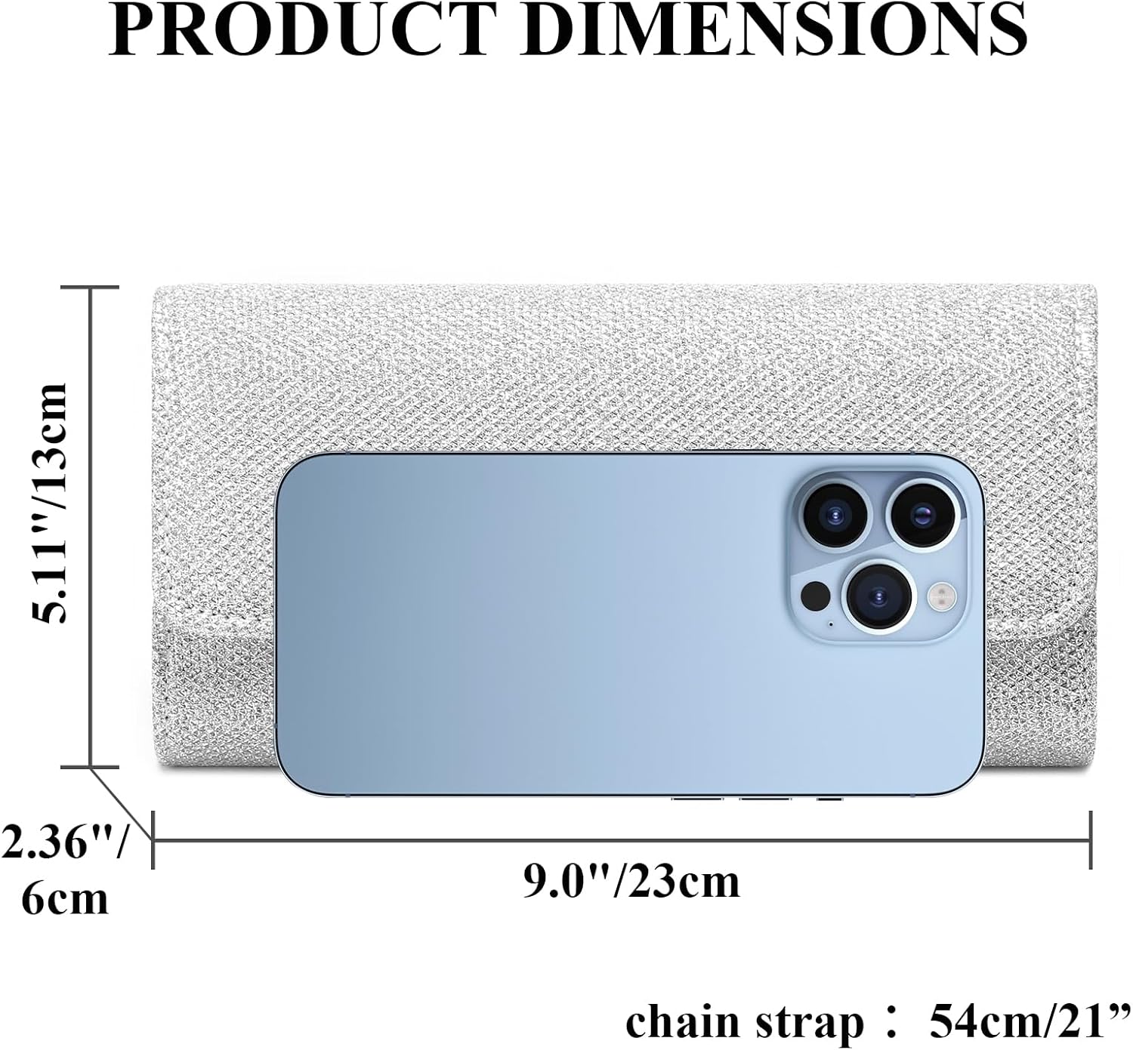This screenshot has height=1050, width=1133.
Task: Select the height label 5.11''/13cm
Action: [x=50, y=503]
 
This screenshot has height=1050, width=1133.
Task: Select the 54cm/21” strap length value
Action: [x=1032, y=1023]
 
